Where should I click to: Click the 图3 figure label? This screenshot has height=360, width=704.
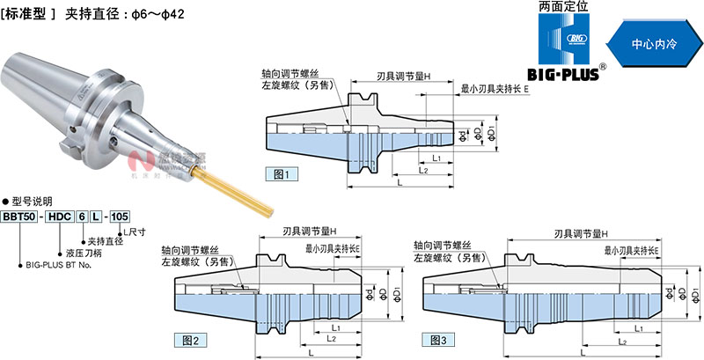[x=438, y=339]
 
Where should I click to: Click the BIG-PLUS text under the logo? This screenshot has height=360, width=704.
[x=563, y=74]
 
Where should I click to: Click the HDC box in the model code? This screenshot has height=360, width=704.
[x=59, y=217]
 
